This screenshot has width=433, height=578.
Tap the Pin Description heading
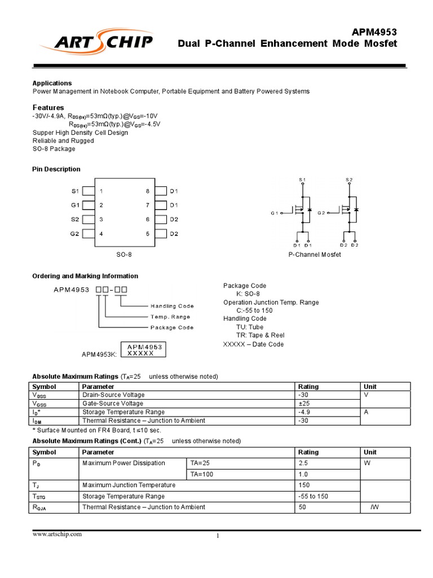[x=56, y=169]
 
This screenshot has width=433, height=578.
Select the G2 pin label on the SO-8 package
[x=75, y=234]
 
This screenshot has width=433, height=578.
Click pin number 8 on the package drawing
[x=148, y=191]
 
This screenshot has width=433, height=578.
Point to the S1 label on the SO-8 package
[x=75, y=191]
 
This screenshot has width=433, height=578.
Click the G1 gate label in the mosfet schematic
[x=275, y=213]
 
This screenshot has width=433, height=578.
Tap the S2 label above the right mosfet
[x=349, y=179]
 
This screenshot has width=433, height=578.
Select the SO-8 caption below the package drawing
[x=124, y=255]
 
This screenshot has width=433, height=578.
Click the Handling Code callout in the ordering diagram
[x=171, y=306]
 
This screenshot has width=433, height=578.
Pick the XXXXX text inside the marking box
[x=141, y=353]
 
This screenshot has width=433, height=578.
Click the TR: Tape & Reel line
[x=260, y=335]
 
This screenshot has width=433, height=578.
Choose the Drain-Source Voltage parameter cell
[x=113, y=395]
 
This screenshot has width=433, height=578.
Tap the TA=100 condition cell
[x=202, y=474]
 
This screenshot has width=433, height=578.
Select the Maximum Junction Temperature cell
[x=129, y=485]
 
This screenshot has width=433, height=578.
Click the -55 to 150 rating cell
[x=313, y=496]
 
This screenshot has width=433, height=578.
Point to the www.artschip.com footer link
[x=58, y=534]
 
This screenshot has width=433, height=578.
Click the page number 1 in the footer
[x=218, y=536]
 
